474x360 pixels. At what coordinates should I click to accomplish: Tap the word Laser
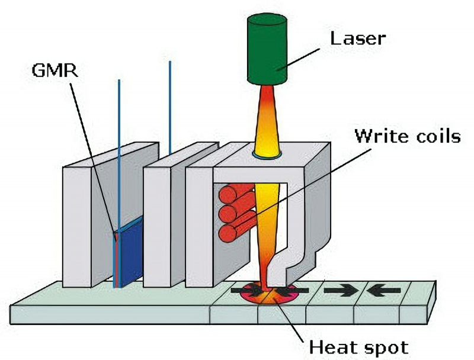click(x=357, y=39)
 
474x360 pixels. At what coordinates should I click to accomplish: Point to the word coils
click(x=437, y=136)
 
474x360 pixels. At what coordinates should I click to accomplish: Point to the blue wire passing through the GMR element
click(x=118, y=148)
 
